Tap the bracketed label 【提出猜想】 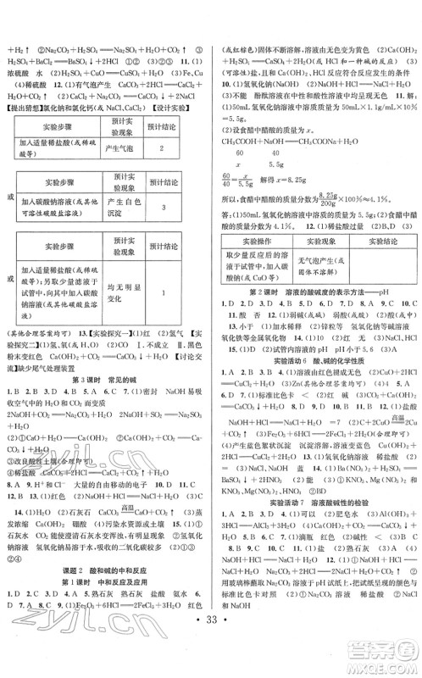(26, 111)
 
